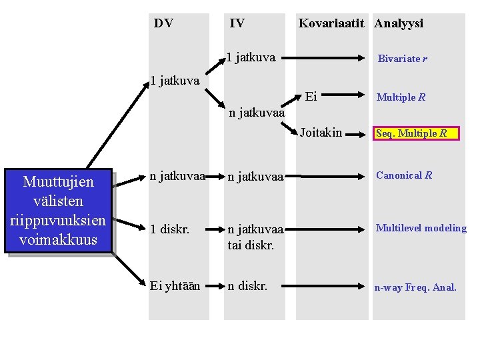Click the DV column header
[x=163, y=23]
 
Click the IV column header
[x=237, y=23]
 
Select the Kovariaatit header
[x=331, y=23]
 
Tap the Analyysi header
[x=399, y=23]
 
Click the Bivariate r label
[x=402, y=59]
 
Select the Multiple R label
[x=401, y=97]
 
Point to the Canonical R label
[x=404, y=175]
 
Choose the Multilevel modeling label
[x=421, y=228]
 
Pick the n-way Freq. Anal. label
[x=415, y=287]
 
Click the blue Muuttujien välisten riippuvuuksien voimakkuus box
[x=59, y=211]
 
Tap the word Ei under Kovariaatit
[x=311, y=97]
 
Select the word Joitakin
[x=321, y=133]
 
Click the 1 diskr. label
[x=169, y=229]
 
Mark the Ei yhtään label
[x=175, y=287]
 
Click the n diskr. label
[x=247, y=287]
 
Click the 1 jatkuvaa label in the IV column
[x=251, y=57]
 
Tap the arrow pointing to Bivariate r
[x=333, y=58]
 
